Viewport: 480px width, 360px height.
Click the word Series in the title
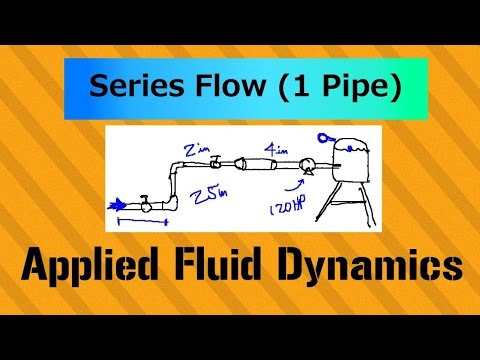tap(129, 88)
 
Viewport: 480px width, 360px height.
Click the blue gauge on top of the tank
tap(325, 138)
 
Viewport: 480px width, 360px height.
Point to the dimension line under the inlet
tap(137, 220)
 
